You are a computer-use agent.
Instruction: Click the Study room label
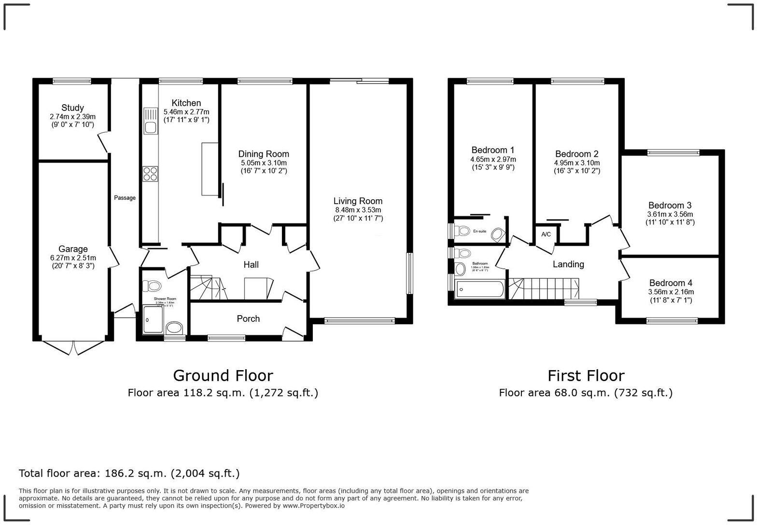(72, 108)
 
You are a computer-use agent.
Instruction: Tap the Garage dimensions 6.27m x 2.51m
(73, 258)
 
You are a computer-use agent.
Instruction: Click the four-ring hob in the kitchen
(150, 173)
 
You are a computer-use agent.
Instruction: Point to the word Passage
(125, 198)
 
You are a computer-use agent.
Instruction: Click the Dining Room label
(264, 154)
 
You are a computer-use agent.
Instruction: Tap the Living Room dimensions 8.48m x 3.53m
(358, 210)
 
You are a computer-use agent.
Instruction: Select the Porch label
(248, 318)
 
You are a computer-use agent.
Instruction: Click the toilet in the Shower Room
(153, 286)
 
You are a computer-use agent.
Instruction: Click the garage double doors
(73, 347)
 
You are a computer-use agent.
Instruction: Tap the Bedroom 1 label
(493, 150)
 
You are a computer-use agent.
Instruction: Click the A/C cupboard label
(546, 235)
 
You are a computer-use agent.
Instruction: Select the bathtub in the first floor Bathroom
(480, 290)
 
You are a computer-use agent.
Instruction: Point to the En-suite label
(479, 231)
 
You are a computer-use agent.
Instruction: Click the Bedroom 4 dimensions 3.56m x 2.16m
(671, 292)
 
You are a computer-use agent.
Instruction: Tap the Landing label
(568, 264)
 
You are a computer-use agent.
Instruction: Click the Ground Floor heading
(223, 375)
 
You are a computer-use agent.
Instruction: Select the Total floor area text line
(129, 473)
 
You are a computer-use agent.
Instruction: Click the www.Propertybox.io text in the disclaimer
(313, 506)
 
